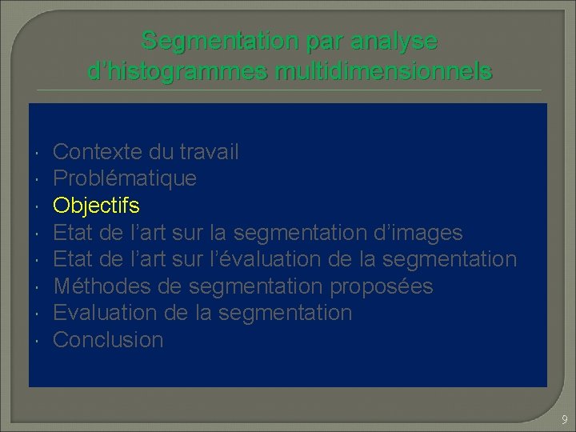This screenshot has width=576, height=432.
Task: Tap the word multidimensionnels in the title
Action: (x=383, y=72)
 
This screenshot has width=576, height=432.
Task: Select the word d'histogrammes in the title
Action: (x=177, y=72)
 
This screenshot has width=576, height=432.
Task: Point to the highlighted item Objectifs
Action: (x=96, y=206)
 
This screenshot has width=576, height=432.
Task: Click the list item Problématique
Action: (x=124, y=178)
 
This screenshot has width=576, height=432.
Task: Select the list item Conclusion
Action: (x=108, y=340)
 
